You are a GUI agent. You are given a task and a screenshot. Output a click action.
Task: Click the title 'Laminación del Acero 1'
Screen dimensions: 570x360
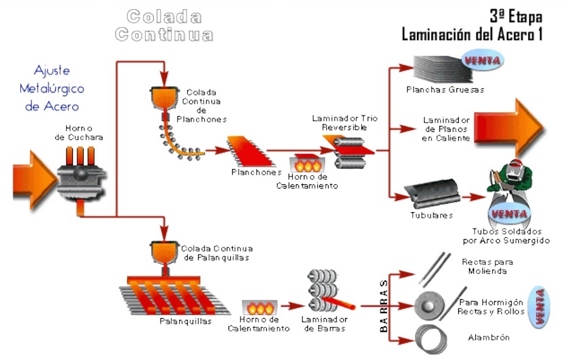click(x=472, y=35)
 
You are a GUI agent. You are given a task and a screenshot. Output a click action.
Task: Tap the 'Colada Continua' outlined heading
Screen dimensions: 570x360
click(x=164, y=25)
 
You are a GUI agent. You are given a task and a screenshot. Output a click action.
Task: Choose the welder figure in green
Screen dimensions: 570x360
click(x=511, y=182)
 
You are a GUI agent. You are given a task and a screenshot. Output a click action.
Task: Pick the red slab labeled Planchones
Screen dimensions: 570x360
click(x=247, y=151)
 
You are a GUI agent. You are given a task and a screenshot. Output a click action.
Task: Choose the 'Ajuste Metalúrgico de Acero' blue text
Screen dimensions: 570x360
click(x=52, y=88)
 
